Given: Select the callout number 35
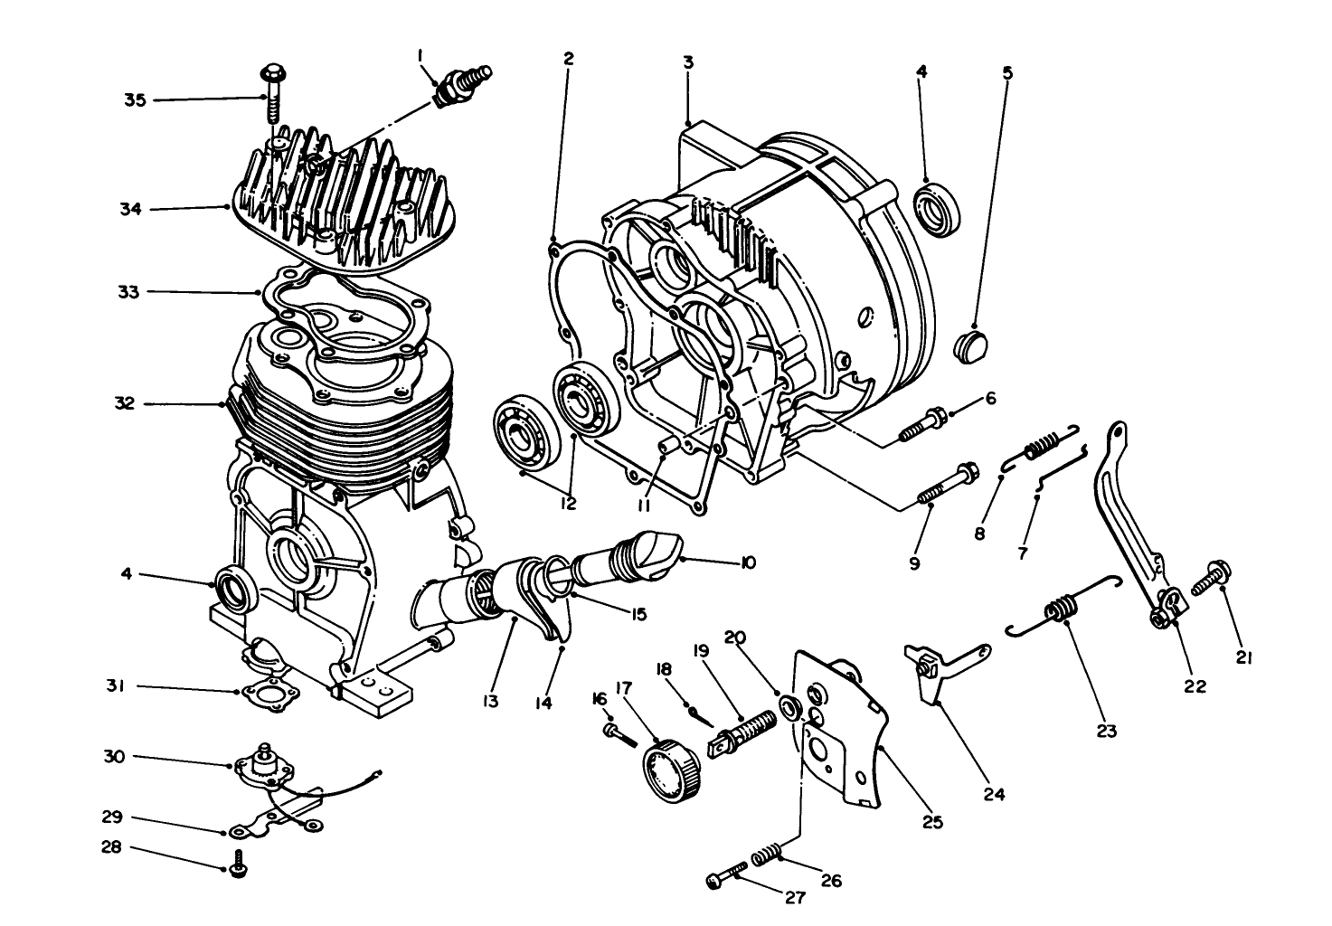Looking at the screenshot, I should (135, 99).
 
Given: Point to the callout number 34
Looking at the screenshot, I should (132, 210).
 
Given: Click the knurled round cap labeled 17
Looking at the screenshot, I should (670, 769).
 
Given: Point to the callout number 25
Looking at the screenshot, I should (932, 823).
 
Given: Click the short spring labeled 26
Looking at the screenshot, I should (767, 853).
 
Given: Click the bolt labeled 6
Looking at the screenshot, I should (922, 425).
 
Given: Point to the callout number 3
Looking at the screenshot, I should (688, 62).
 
